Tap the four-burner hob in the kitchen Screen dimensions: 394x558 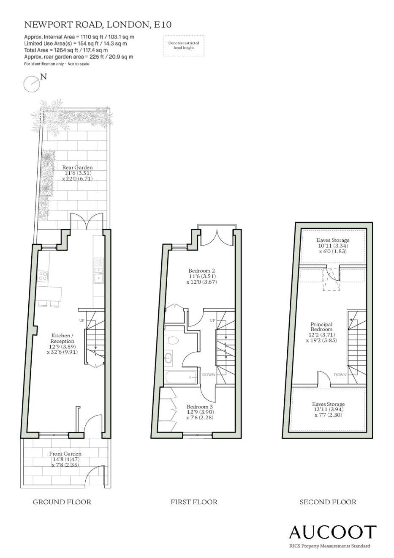pos(43,276)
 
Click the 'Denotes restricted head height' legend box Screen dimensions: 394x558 pos(184,45)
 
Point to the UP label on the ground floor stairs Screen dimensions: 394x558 pos(82,320)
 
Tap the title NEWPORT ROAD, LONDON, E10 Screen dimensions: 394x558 pos(98,25)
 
